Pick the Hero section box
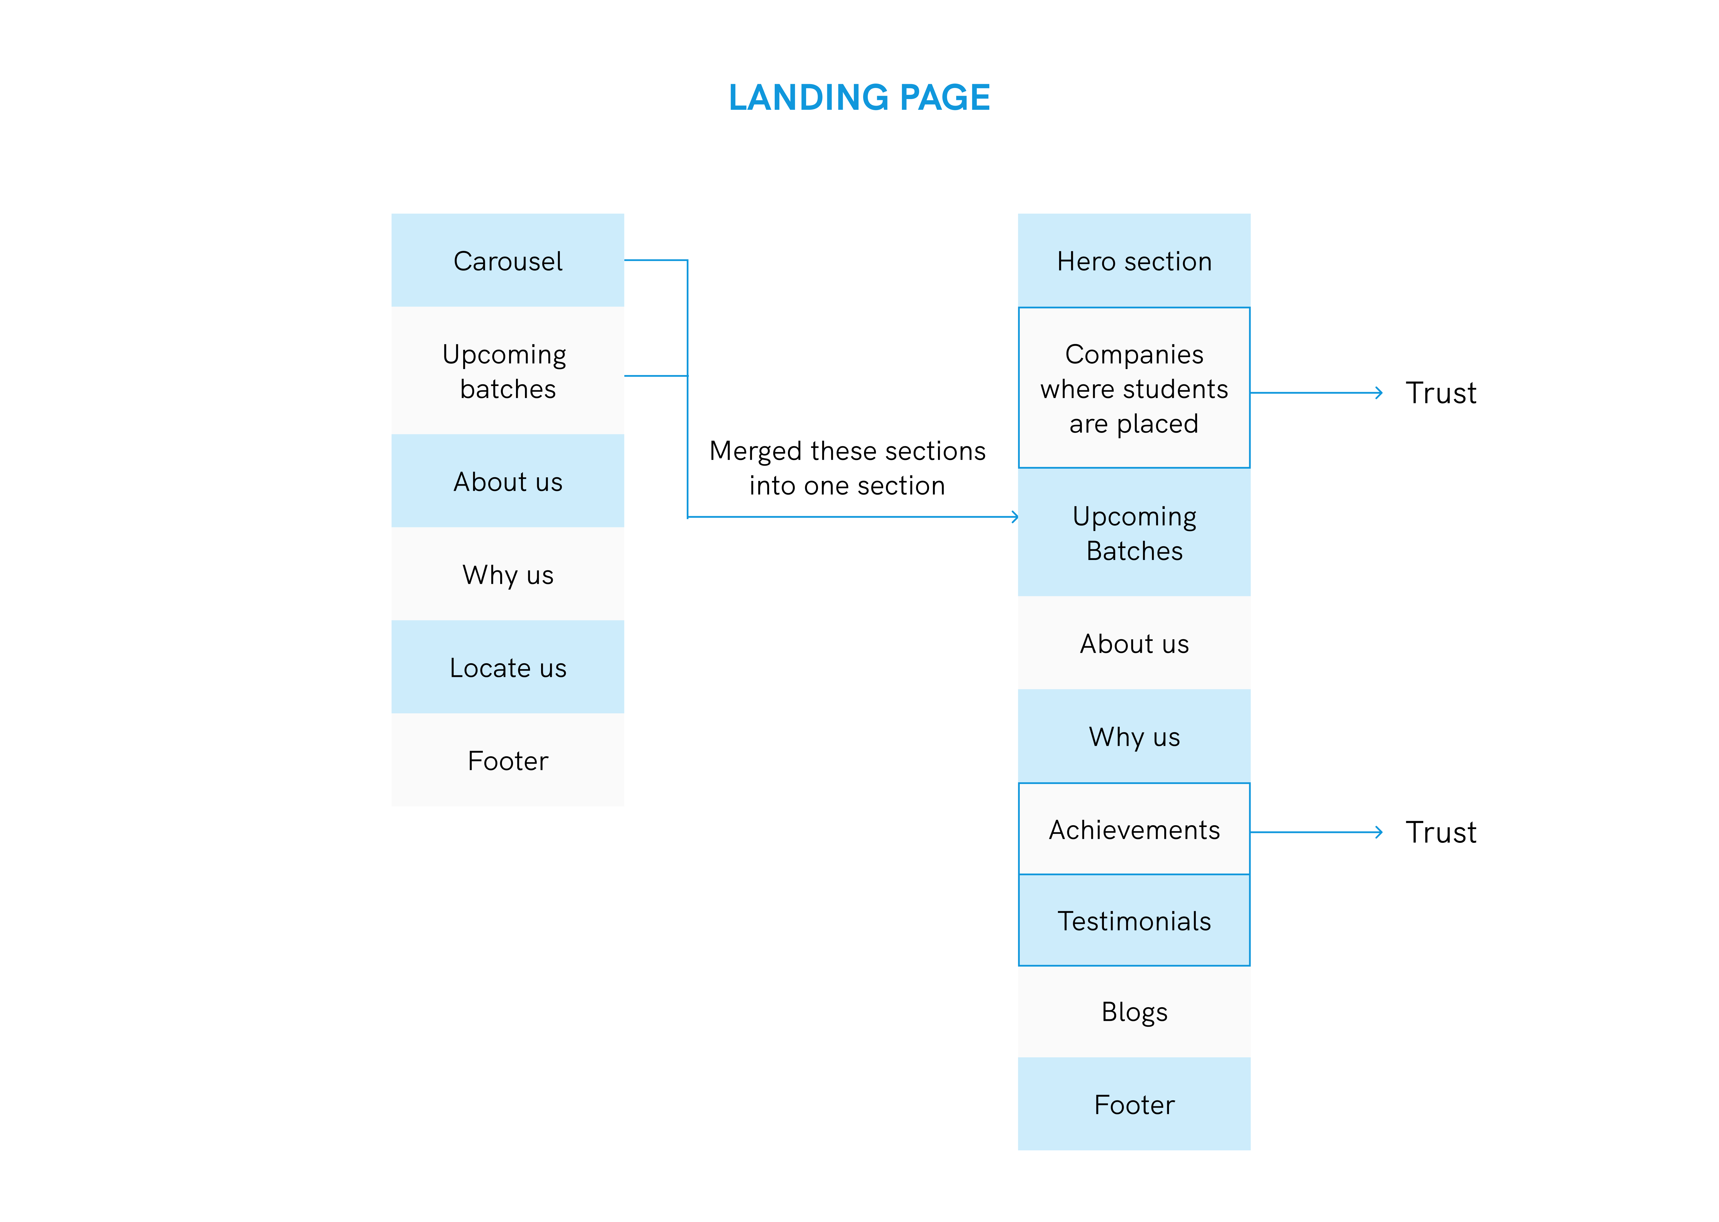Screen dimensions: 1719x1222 (1134, 260)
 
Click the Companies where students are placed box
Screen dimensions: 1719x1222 (1134, 388)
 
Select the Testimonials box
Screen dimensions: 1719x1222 (1134, 920)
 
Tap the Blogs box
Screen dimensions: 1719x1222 (1134, 1012)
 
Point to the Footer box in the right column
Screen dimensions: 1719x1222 (1134, 1104)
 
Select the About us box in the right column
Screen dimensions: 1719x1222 (1134, 643)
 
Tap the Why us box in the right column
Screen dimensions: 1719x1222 (1134, 736)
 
